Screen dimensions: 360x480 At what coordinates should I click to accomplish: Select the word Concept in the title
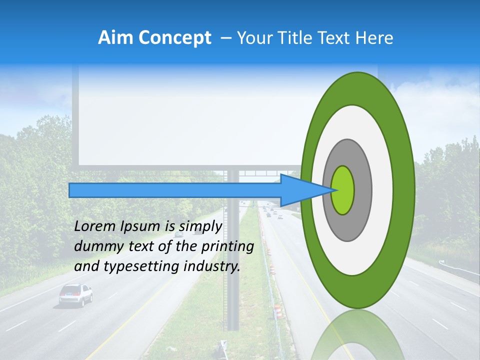[174, 38]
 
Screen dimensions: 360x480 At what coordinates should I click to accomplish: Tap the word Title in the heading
[300, 38]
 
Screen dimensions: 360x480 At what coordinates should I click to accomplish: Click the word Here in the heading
[375, 38]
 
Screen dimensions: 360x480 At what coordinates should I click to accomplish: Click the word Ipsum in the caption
[139, 226]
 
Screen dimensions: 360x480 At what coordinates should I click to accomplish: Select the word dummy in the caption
[95, 246]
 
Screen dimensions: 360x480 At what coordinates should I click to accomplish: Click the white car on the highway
[75, 294]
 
